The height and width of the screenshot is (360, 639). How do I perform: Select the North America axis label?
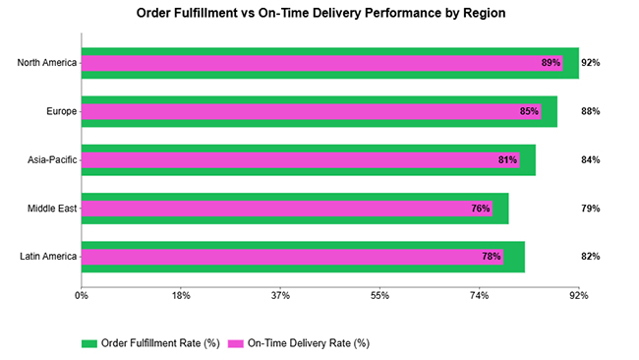click(x=47, y=63)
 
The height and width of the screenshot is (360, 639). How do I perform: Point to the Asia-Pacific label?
click(x=52, y=159)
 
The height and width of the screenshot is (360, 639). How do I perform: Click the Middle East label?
click(x=53, y=209)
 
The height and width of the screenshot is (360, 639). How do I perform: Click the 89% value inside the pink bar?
click(x=551, y=63)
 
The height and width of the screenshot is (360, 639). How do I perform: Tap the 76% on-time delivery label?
click(x=481, y=209)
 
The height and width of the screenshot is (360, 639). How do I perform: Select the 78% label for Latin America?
click(x=491, y=257)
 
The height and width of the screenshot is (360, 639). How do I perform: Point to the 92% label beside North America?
click(x=590, y=63)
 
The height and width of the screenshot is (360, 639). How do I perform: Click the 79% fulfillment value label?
click(x=590, y=209)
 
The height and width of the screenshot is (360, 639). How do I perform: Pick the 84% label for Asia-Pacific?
click(x=590, y=159)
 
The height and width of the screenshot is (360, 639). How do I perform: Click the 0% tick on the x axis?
click(x=82, y=294)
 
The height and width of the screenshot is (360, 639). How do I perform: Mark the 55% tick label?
click(x=379, y=294)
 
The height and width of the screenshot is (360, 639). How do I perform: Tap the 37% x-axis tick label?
click(x=280, y=294)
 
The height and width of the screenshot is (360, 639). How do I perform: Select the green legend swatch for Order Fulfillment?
click(x=89, y=343)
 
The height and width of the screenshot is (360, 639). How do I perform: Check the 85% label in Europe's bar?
click(x=529, y=111)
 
